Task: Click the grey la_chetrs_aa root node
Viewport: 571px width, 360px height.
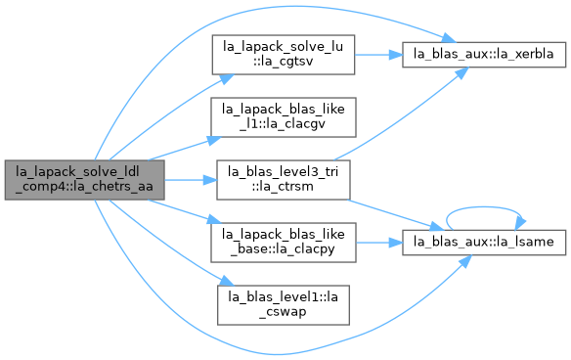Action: pos(84,180)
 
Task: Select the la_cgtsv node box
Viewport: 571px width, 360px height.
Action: pos(284,55)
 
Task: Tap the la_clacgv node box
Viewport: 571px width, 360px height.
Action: pos(284,117)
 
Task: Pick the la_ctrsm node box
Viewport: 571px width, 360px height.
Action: pos(284,180)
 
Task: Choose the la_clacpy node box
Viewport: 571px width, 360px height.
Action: pos(284,243)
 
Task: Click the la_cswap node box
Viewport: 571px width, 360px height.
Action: pos(284,305)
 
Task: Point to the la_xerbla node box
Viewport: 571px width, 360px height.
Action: pos(484,55)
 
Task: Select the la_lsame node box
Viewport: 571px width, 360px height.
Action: pos(484,243)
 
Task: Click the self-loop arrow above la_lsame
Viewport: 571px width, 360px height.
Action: pos(484,207)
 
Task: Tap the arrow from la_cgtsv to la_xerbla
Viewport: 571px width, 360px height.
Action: pos(378,55)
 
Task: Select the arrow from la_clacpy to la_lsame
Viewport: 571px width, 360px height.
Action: pos(379,243)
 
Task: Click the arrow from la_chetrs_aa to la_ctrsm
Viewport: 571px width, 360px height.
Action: pos(191,180)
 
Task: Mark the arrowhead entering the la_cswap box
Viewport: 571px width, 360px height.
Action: pos(227,281)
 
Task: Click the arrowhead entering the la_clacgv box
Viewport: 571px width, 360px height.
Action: pos(214,141)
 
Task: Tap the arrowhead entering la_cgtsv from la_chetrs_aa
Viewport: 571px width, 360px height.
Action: pos(227,79)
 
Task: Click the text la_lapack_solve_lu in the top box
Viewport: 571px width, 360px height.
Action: pos(283,47)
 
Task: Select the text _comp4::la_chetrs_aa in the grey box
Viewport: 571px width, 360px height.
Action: pos(84,187)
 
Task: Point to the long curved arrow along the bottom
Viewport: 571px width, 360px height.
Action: pos(277,354)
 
